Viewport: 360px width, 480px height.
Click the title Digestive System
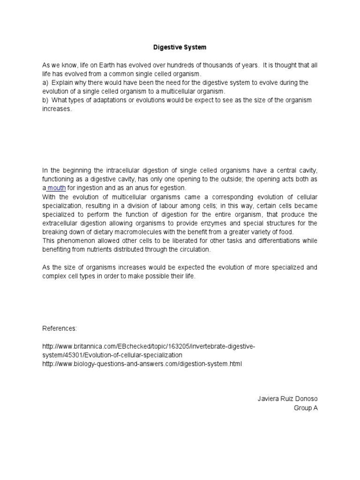click(x=180, y=47)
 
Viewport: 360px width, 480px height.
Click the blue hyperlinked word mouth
click(x=56, y=187)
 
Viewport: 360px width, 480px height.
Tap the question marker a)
click(x=45, y=82)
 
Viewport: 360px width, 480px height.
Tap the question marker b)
click(x=45, y=100)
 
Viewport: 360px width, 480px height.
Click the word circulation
click(x=192, y=250)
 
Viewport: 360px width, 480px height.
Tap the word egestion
click(x=172, y=187)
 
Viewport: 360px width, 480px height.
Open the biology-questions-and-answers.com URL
click(x=142, y=364)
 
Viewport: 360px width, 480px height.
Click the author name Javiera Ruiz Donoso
click(x=287, y=399)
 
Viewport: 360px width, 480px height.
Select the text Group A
click(x=306, y=408)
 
